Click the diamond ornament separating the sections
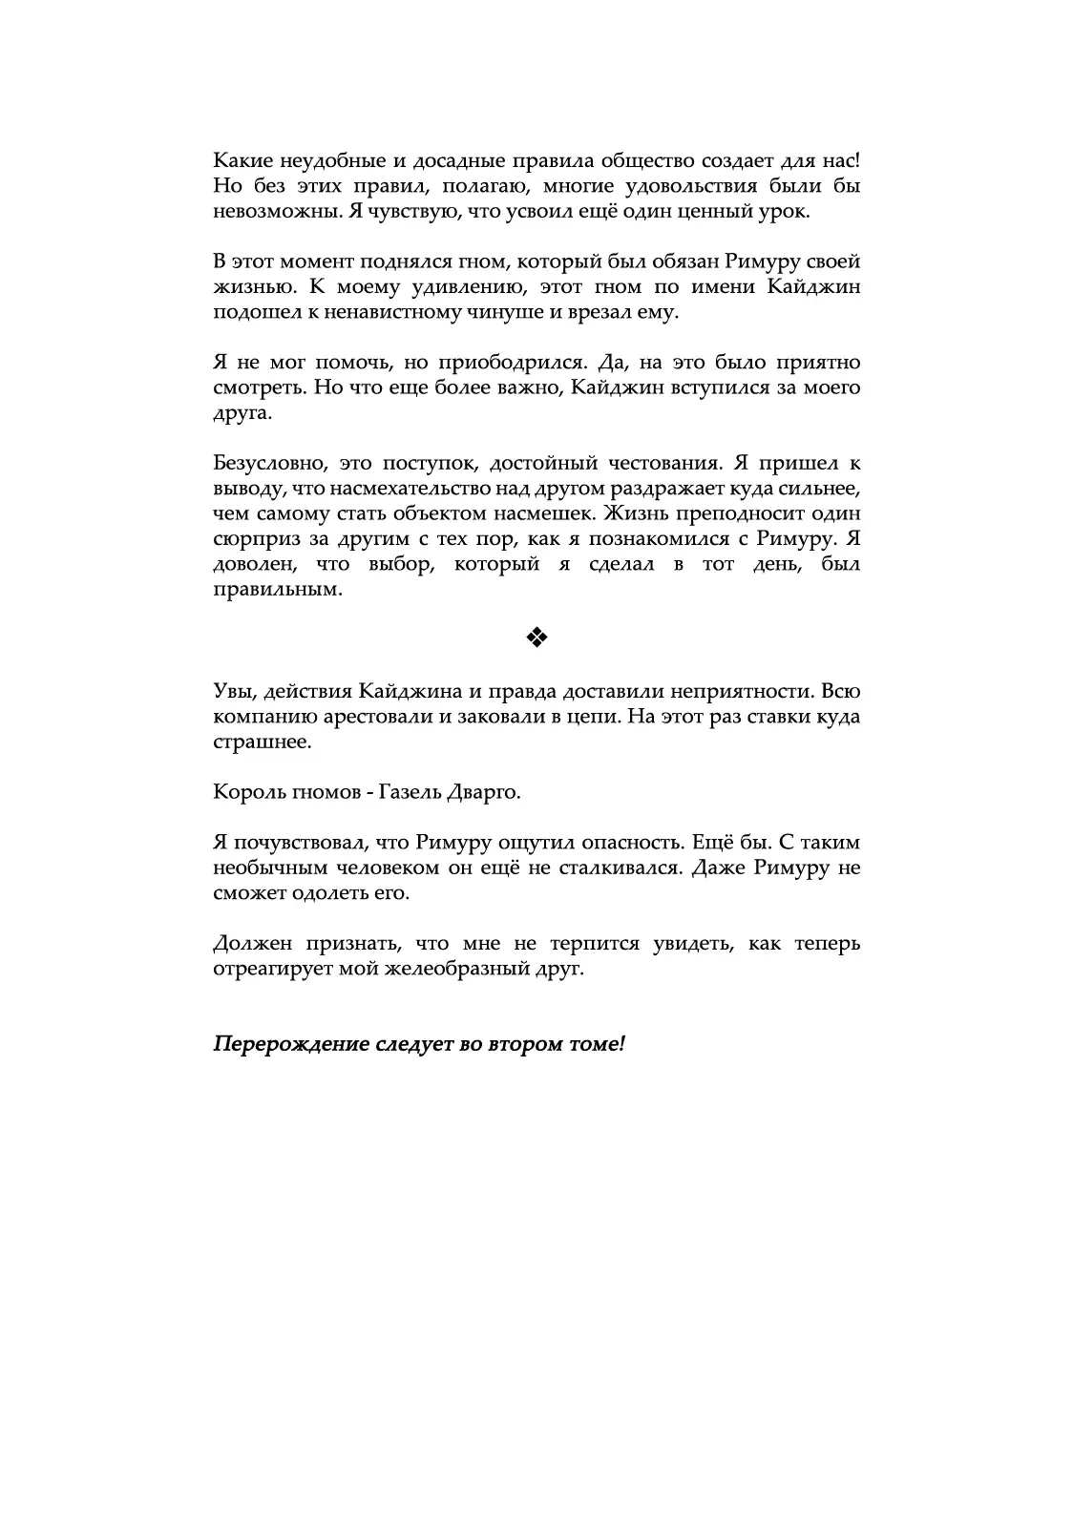coord(536,638)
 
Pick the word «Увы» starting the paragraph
coord(232,691)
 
